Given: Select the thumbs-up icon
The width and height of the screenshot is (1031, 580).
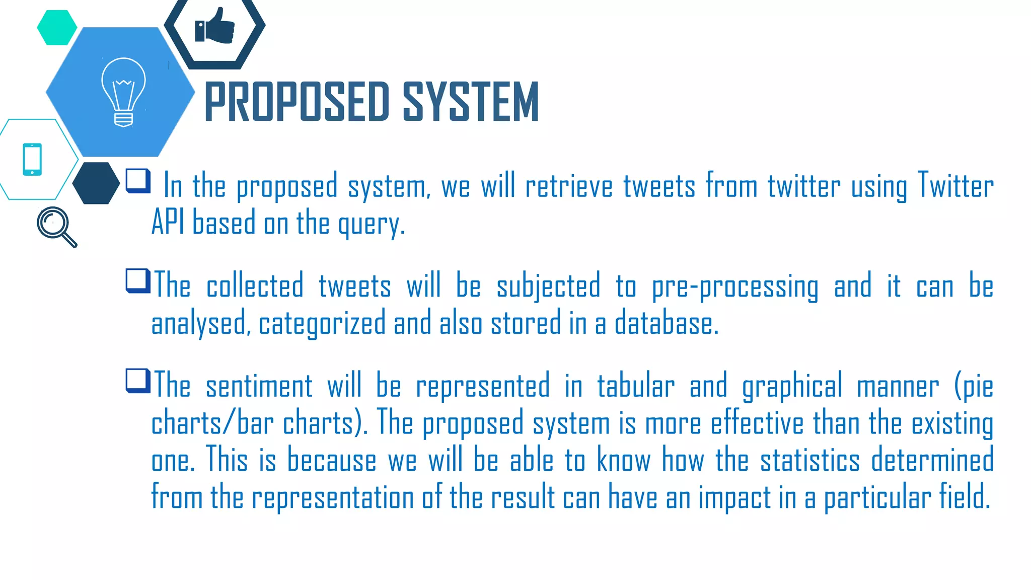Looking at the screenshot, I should (215, 26).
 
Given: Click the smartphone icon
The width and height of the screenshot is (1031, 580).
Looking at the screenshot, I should (32, 160).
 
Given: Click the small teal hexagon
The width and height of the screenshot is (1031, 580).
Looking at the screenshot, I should (57, 28).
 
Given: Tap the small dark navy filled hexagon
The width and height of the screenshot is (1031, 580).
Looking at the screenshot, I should (96, 183).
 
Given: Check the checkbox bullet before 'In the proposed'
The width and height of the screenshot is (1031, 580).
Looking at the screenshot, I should (138, 181).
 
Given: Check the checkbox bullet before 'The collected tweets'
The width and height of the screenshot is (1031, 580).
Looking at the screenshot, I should (138, 280).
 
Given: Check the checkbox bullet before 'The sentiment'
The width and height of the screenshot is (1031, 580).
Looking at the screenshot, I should (138, 381).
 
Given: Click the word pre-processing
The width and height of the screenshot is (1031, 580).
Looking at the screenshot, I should (735, 287).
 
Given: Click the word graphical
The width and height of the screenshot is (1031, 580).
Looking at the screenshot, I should (792, 387).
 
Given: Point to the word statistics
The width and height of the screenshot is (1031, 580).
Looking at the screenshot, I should (809, 460).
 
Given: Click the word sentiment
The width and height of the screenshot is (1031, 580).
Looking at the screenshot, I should (259, 387).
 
